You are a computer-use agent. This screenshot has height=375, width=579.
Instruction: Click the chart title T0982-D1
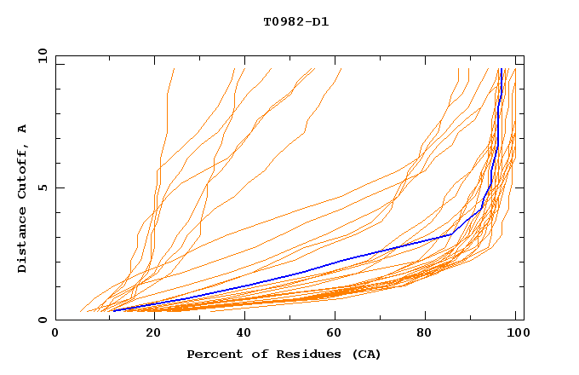pos(296,21)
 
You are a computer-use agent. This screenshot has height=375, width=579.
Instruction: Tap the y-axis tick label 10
pos(41,55)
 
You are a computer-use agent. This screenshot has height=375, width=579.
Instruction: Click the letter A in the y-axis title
pos(23,129)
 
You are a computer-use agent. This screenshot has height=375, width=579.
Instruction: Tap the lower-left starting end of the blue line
pos(112,311)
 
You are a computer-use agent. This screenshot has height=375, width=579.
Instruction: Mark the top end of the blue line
pos(503,69)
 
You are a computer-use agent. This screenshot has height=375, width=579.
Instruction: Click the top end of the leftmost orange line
pos(175,69)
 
